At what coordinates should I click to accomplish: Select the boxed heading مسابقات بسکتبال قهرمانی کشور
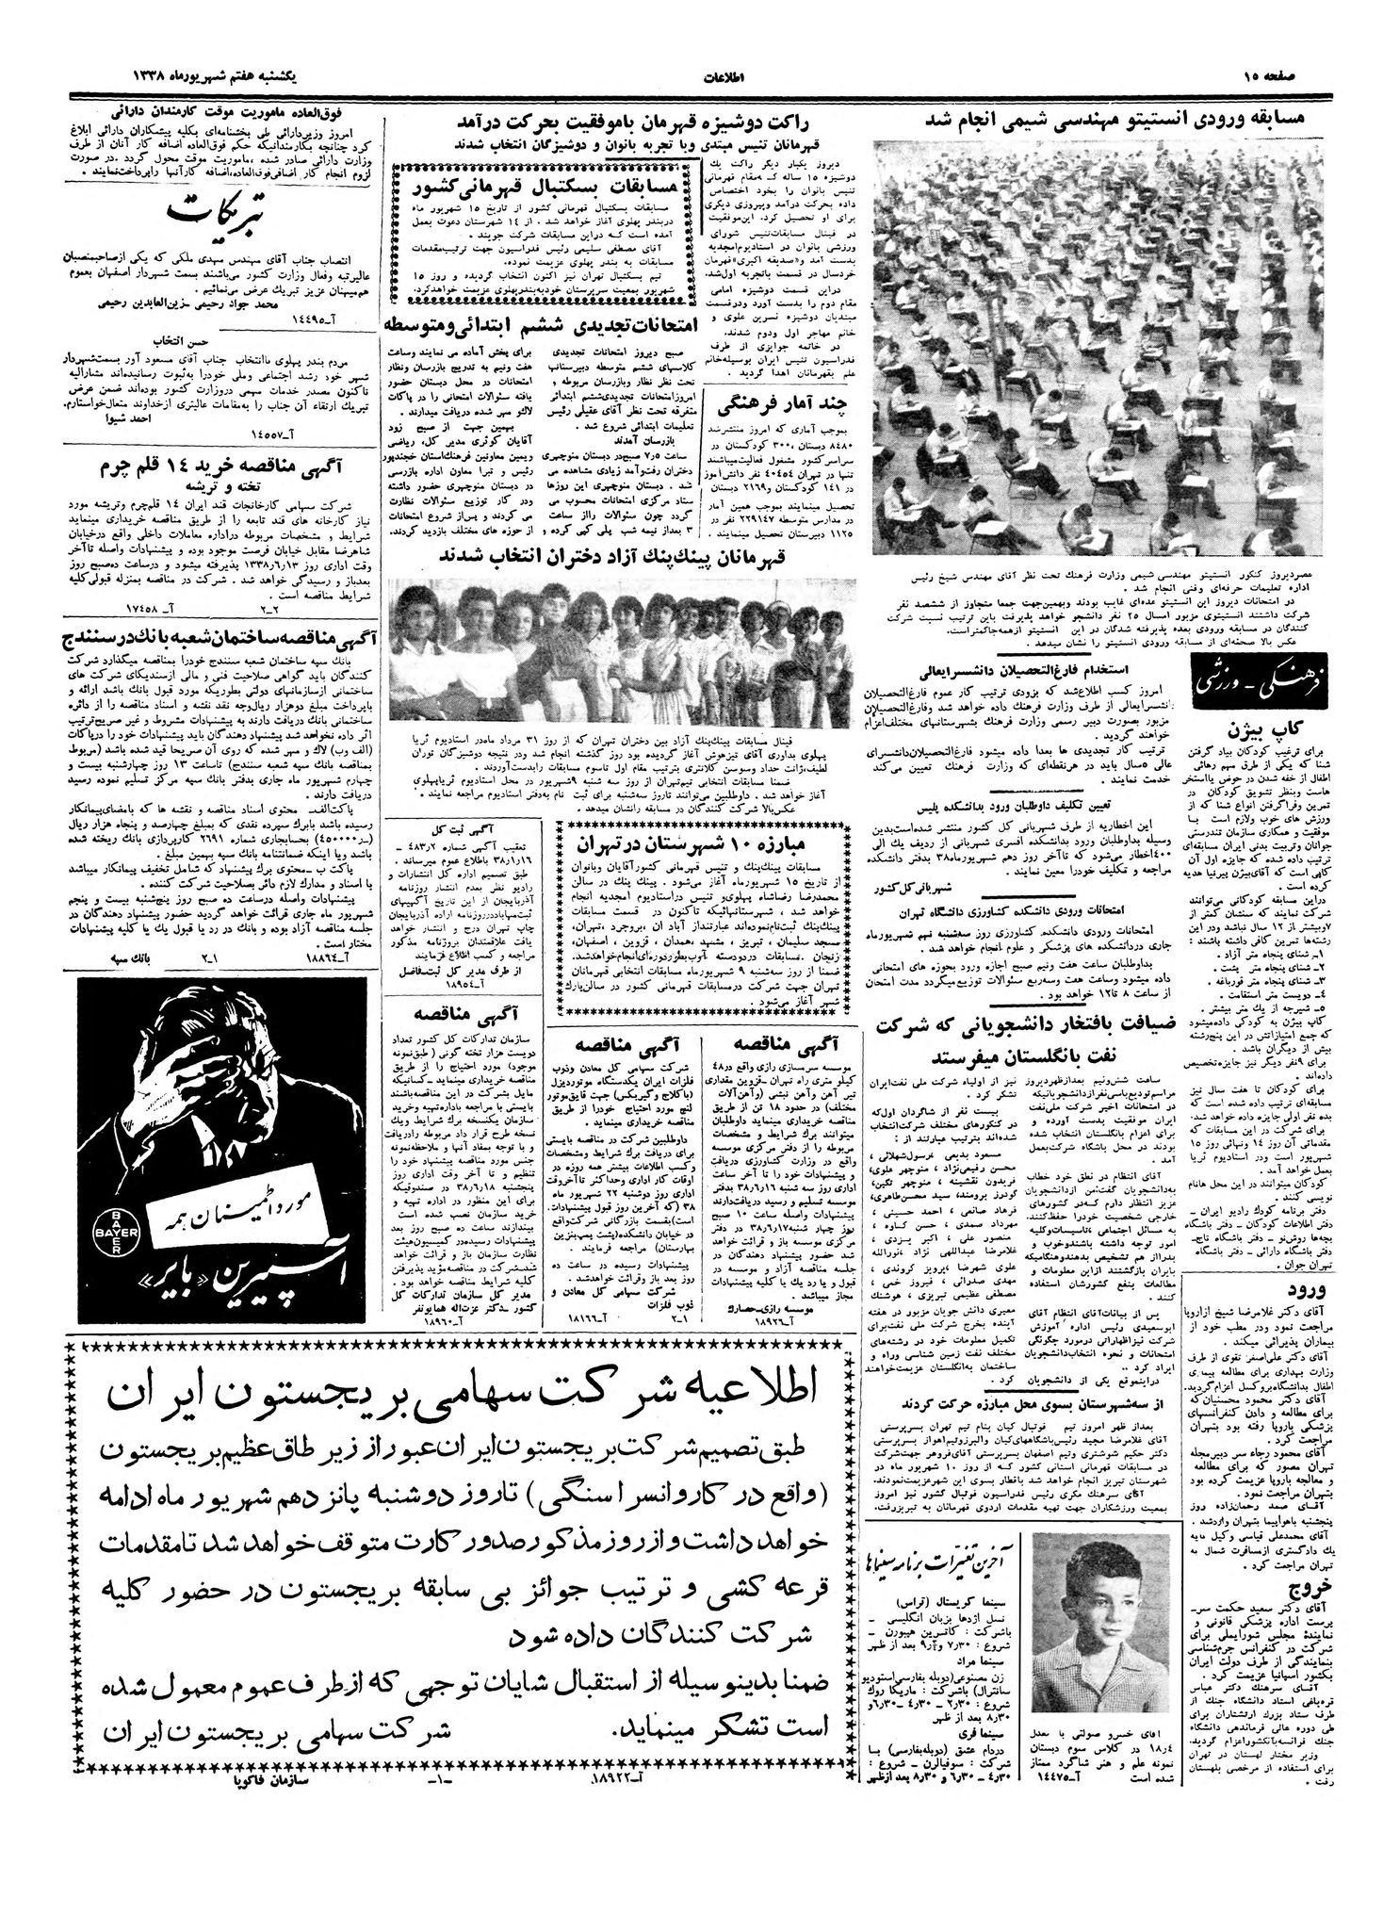coord(547,182)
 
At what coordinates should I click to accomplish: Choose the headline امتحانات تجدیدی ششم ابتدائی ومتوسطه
coord(539,323)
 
